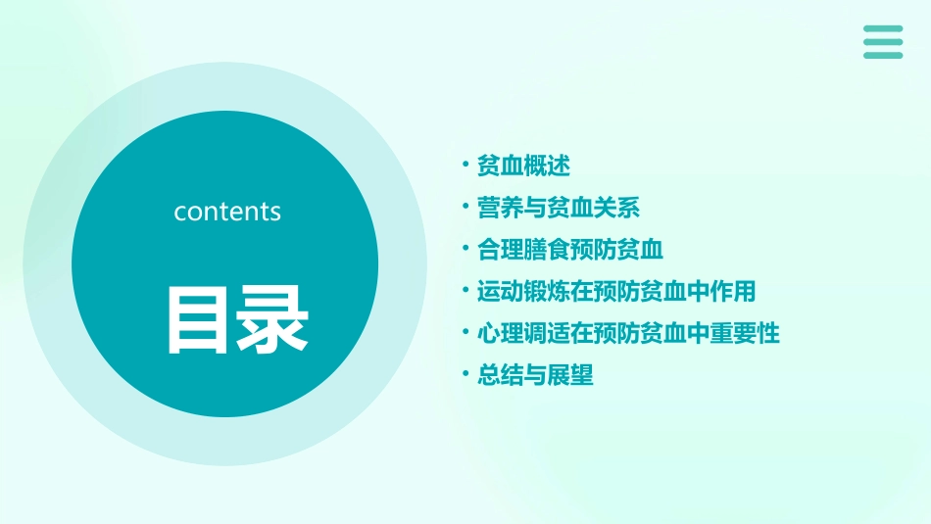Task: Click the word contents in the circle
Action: click(227, 212)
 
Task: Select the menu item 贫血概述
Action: click(523, 166)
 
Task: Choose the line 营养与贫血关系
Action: click(559, 208)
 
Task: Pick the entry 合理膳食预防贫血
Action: click(570, 250)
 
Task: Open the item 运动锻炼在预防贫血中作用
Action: click(616, 291)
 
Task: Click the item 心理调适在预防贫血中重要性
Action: click(628, 333)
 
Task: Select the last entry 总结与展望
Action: click(535, 375)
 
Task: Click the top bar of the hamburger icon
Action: click(882, 28)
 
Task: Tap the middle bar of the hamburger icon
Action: click(882, 42)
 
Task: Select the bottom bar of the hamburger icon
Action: click(882, 55)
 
